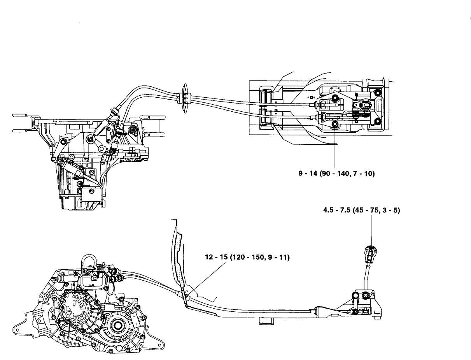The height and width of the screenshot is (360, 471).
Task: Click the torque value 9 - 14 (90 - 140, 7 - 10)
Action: coord(336,174)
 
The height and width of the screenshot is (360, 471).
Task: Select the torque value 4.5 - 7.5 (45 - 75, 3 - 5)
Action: coord(361,211)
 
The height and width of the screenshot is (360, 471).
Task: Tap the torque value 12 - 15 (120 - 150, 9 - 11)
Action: coord(247,257)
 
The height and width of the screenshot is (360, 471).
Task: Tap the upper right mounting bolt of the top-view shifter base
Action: coord(376,92)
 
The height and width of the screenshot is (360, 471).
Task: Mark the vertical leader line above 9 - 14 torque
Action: coord(335,148)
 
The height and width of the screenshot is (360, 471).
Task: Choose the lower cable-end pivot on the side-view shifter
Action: coord(355,311)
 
